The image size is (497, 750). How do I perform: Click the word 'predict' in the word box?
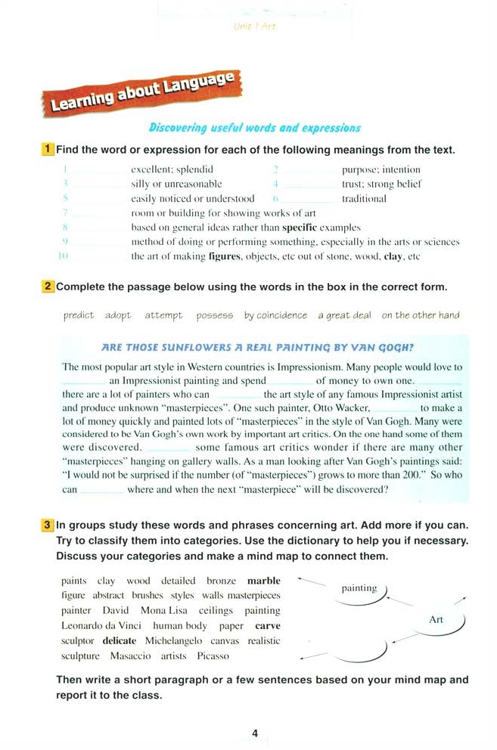click(x=79, y=315)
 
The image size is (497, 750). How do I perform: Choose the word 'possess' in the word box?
click(x=214, y=315)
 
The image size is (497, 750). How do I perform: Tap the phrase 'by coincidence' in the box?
click(x=275, y=315)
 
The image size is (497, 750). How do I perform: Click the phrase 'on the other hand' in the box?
click(x=420, y=315)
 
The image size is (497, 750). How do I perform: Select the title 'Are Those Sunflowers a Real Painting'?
click(x=257, y=348)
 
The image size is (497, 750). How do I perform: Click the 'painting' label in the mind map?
click(x=359, y=588)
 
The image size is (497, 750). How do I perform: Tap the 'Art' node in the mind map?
click(x=436, y=620)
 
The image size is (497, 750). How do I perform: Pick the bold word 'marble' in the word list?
click(x=263, y=581)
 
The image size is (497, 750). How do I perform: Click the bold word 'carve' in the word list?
click(x=268, y=626)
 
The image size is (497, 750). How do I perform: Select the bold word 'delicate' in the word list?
click(x=119, y=641)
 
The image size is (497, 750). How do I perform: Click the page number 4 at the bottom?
click(x=255, y=733)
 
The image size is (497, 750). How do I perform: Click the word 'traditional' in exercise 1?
click(x=364, y=199)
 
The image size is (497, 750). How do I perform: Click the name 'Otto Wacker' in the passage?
click(x=339, y=408)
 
